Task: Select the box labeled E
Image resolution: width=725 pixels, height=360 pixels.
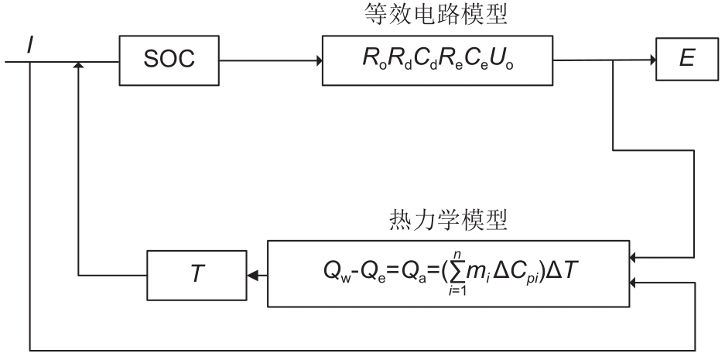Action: [684, 60]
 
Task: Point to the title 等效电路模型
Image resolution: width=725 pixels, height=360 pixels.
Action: [439, 15]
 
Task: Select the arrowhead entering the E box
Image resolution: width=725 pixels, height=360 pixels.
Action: [651, 60]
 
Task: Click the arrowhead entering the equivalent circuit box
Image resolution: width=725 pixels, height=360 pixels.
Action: [319, 60]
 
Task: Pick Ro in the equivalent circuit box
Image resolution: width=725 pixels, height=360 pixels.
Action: [368, 61]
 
